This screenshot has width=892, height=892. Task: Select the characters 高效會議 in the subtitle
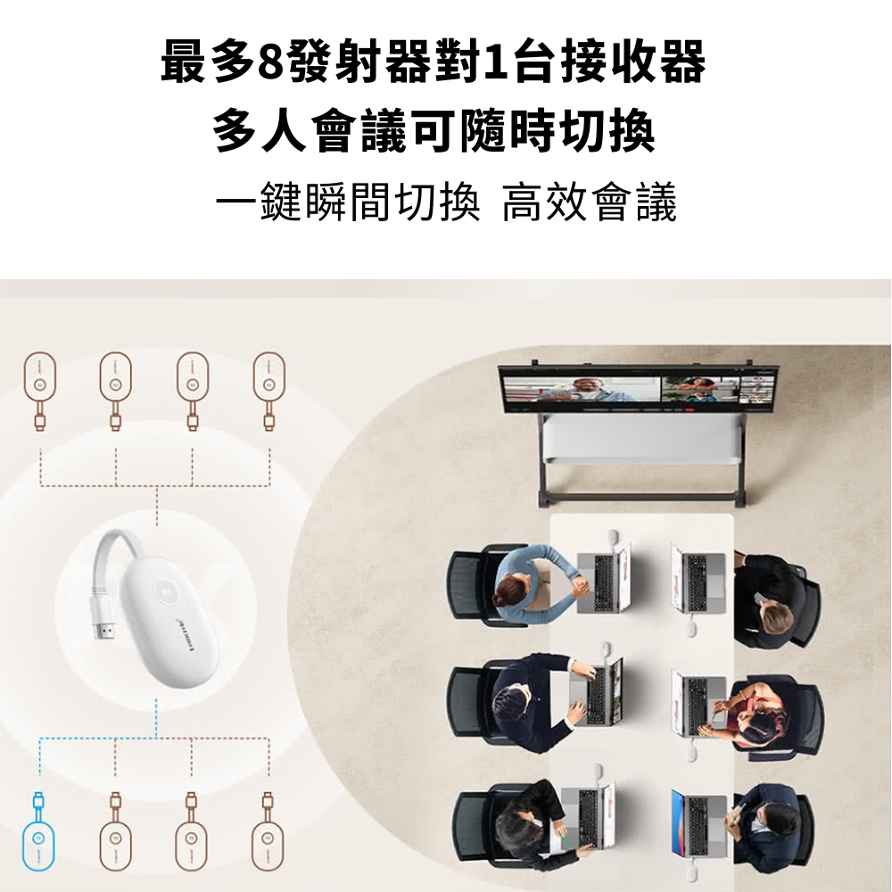point(589,202)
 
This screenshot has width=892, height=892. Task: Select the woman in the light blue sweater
point(532,582)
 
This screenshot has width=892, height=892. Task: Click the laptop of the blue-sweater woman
point(603,577)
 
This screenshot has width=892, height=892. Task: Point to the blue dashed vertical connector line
point(156,718)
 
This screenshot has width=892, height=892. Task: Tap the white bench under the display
point(643,439)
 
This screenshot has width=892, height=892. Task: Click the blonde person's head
point(777,616)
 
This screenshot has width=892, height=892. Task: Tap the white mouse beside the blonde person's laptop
point(691,626)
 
